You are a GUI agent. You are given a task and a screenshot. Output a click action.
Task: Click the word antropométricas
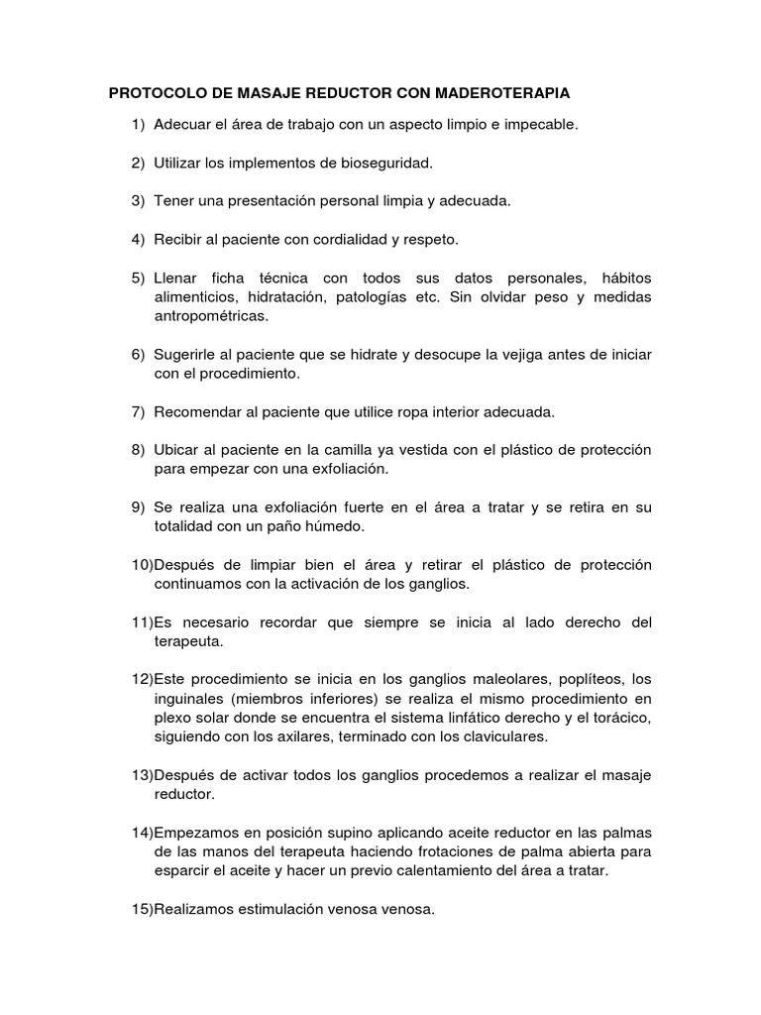click(211, 316)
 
